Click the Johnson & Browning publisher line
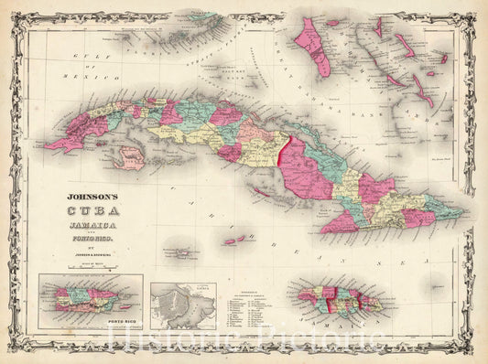[89, 250]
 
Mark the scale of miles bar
[89, 266]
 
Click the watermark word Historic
[184, 343]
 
